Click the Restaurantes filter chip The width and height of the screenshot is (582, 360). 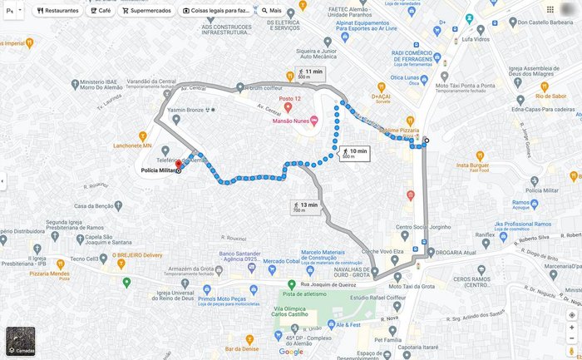pyautogui.click(x=57, y=11)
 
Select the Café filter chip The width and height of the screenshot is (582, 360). pyautogui.click(x=101, y=11)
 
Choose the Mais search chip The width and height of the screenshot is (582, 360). pyautogui.click(x=270, y=11)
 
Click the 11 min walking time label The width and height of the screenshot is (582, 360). pyautogui.click(x=310, y=73)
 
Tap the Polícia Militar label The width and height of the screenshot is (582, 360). pyautogui.click(x=158, y=170)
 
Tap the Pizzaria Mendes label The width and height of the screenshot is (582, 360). pyautogui.click(x=49, y=274)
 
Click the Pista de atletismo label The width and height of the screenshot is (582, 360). pyautogui.click(x=303, y=293)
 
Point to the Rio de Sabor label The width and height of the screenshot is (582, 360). pyautogui.click(x=551, y=96)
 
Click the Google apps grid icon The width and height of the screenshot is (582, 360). pyautogui.click(x=550, y=10)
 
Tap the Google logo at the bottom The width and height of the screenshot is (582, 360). pyautogui.click(x=291, y=352)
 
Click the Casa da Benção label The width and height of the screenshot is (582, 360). pyautogui.click(x=93, y=205)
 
